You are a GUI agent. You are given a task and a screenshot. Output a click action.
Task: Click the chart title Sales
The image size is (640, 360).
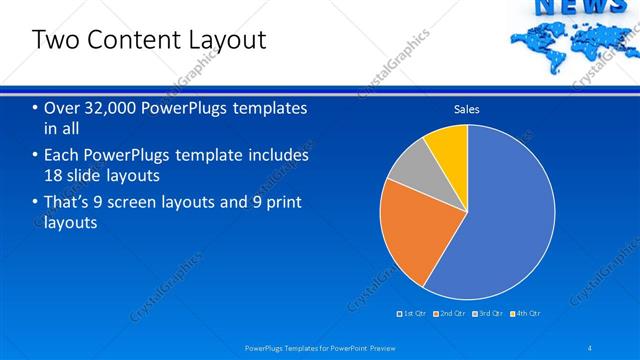pyautogui.click(x=467, y=108)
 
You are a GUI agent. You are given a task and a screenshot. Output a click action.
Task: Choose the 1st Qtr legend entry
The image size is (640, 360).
pyautogui.click(x=414, y=313)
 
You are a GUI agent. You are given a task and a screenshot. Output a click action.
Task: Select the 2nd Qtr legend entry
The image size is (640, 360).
pyautogui.click(x=451, y=313)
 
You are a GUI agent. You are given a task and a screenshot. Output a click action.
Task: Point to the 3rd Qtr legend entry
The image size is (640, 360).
pyautogui.click(x=488, y=313)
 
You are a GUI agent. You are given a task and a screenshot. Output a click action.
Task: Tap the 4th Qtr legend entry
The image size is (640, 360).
pyautogui.click(x=525, y=313)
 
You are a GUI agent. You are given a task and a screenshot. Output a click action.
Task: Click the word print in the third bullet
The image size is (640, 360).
pyautogui.click(x=273, y=202)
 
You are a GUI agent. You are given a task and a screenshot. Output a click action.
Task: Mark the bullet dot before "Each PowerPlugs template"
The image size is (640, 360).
pyautogui.click(x=35, y=156)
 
